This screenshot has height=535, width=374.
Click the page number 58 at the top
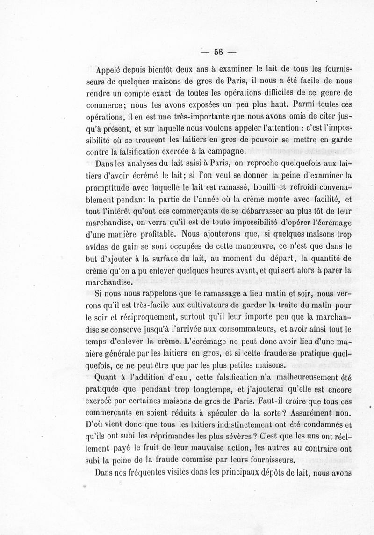pyautogui.click(x=218, y=52)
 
